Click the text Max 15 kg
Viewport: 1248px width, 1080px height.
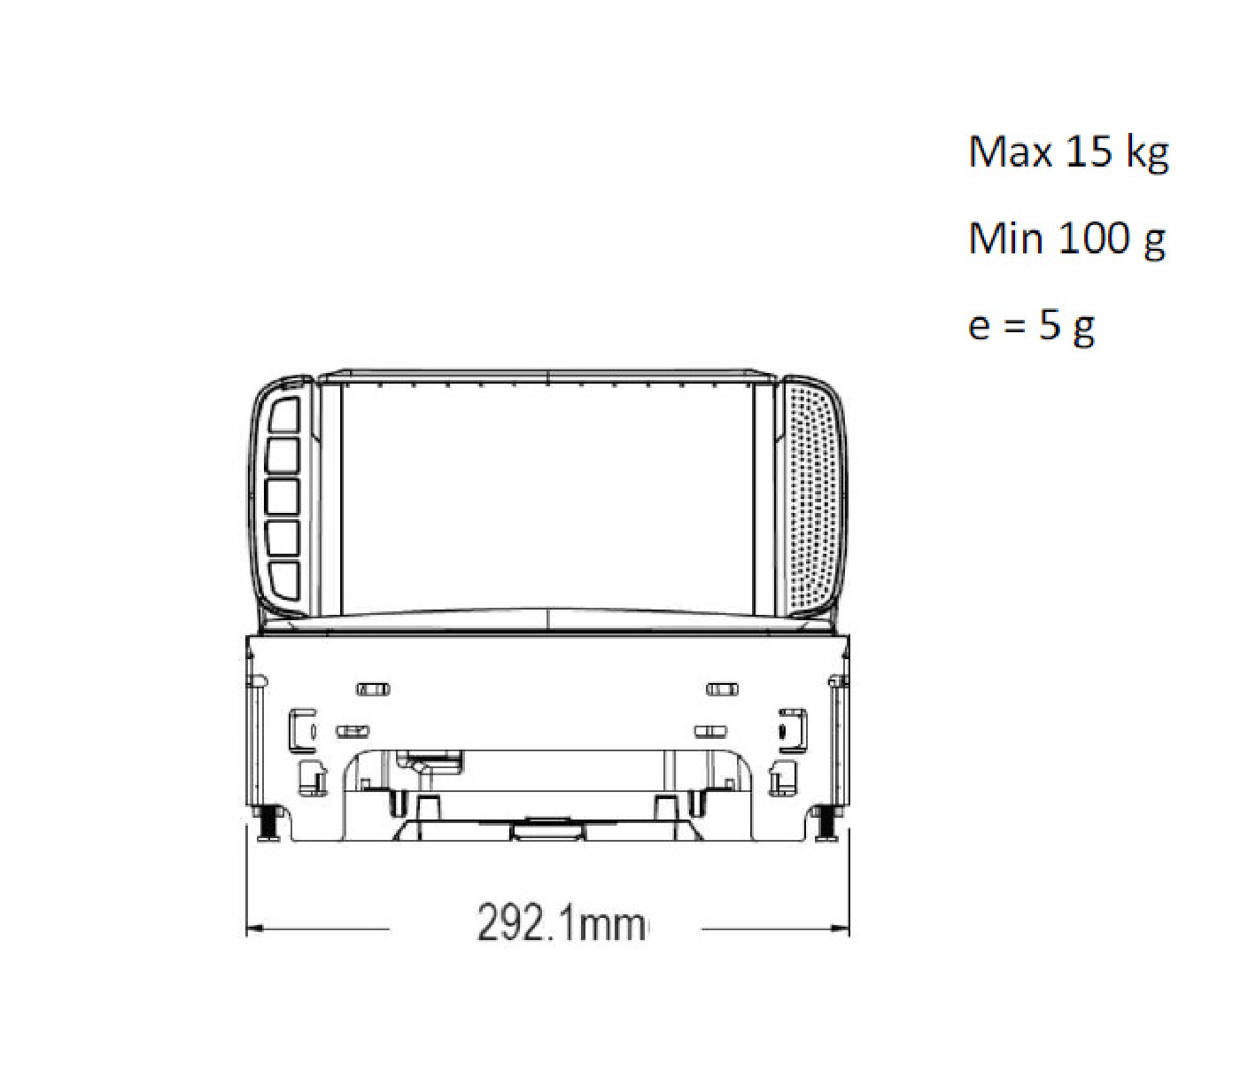click(1067, 152)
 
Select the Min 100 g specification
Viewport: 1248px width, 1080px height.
click(1066, 239)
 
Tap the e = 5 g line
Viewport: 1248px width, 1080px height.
click(1031, 327)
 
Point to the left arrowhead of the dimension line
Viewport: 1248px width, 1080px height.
click(255, 928)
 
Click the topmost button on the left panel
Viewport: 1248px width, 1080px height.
click(283, 415)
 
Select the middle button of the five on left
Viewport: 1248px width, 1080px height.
click(283, 497)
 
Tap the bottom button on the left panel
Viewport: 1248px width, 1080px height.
click(283, 579)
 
